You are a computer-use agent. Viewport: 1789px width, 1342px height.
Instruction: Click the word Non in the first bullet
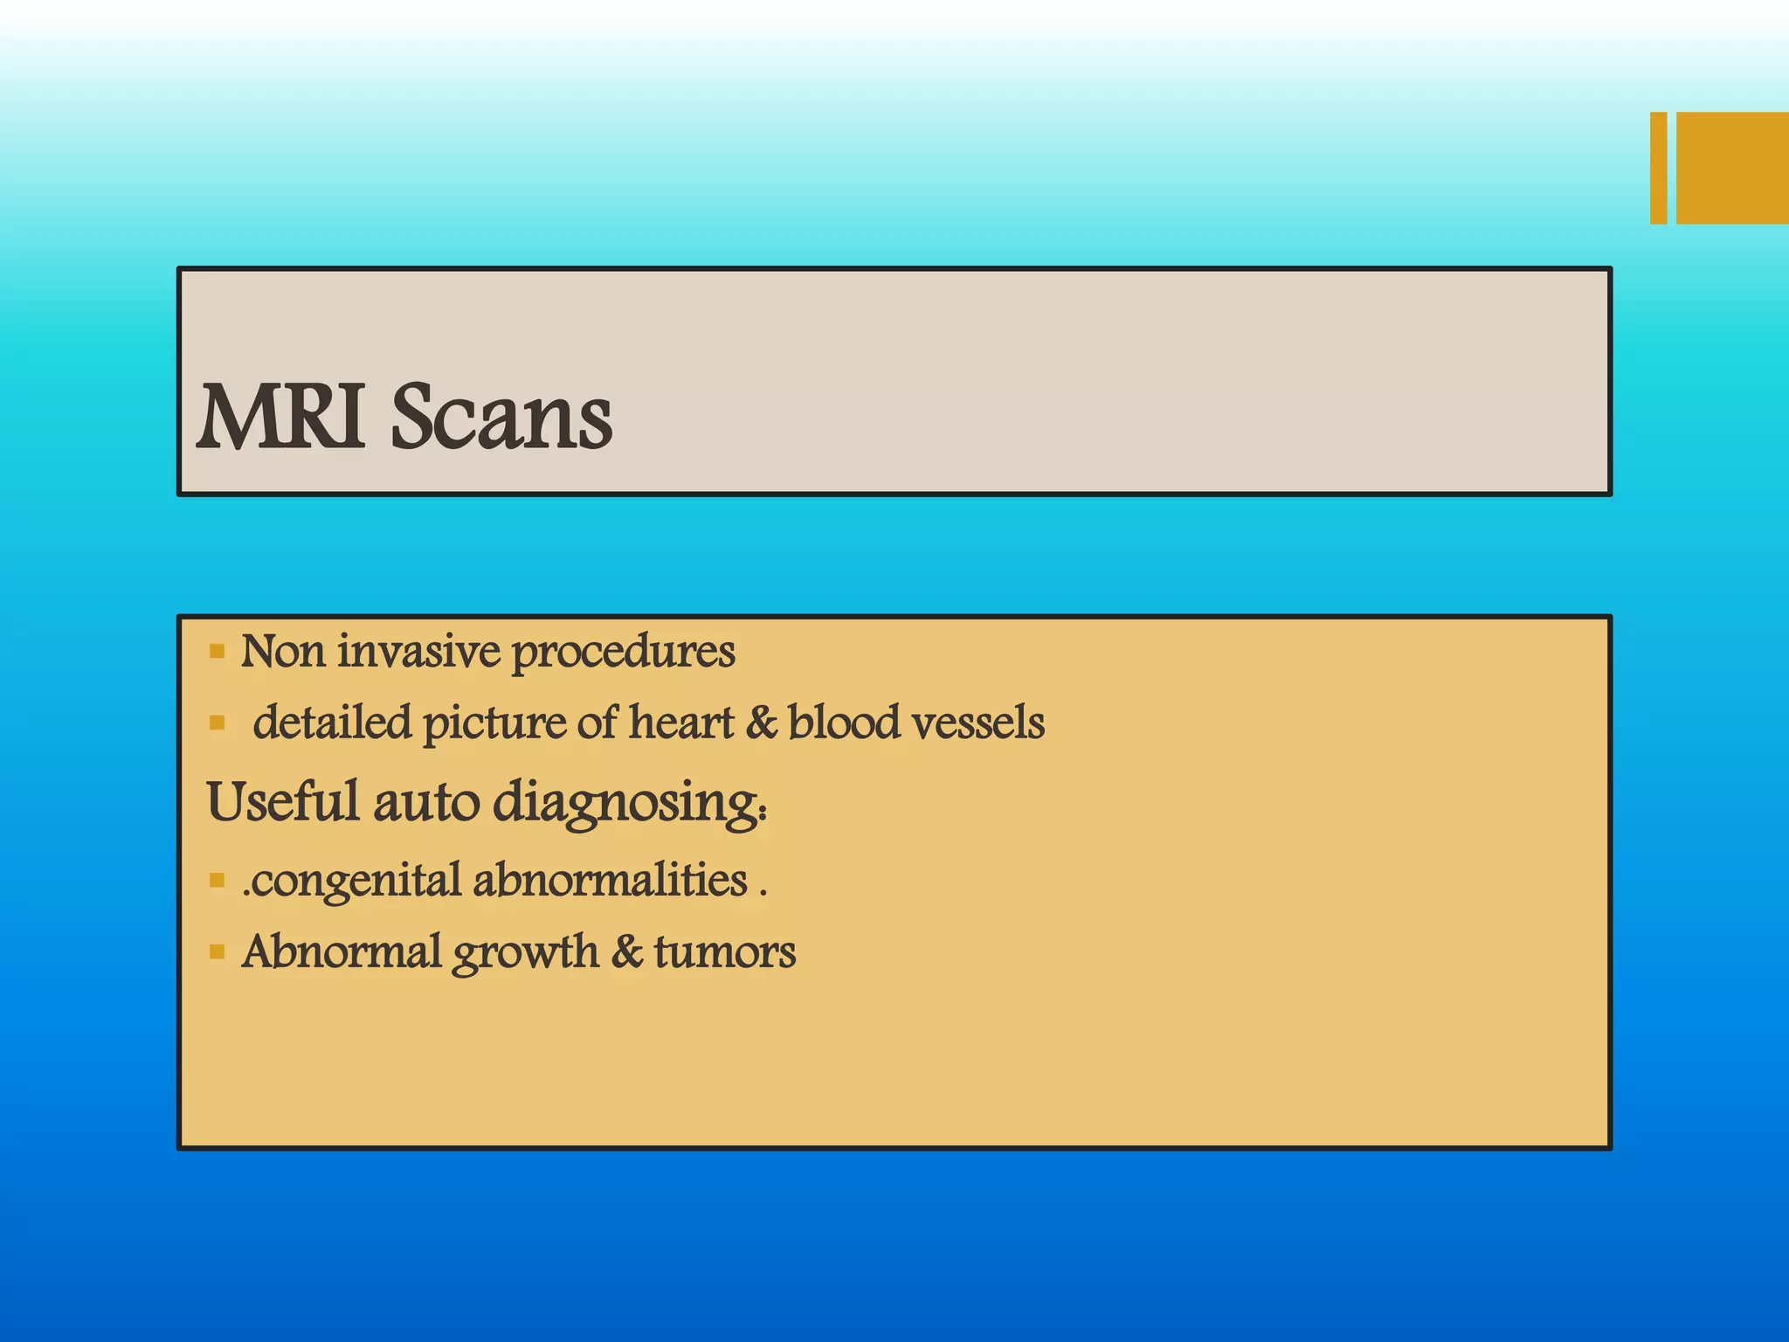point(283,651)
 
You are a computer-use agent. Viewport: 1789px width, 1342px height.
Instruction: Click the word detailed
point(332,723)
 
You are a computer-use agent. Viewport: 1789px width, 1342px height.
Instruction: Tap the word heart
point(681,723)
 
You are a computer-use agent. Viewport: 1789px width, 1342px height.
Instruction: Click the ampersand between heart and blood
point(761,723)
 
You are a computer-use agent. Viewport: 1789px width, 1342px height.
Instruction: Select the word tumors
point(724,951)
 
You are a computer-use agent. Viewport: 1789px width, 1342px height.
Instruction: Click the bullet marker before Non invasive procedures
point(218,651)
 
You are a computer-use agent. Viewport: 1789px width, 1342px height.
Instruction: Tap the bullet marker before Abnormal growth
point(218,951)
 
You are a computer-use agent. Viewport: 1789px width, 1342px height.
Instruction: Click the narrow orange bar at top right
point(1658,168)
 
